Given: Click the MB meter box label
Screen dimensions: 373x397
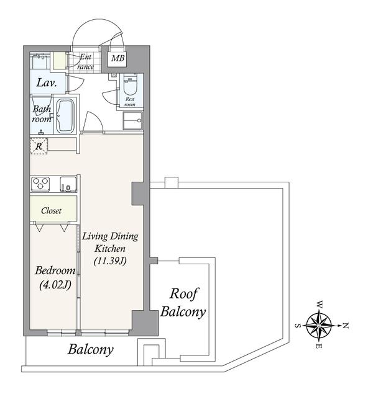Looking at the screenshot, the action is [x=117, y=58].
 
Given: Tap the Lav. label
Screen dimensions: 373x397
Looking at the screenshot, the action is [x=47, y=83].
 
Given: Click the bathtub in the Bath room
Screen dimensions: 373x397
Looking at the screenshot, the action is [x=65, y=116].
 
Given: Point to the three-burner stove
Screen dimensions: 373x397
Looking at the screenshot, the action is [x=40, y=184].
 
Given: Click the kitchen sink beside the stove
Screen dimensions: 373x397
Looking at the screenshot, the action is [x=68, y=184].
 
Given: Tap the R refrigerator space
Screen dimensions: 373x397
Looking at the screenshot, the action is [x=39, y=146].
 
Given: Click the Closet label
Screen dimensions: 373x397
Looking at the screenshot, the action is [x=51, y=211].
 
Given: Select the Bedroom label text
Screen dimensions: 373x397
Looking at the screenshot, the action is [x=55, y=270].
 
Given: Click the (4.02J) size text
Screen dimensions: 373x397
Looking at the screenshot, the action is [x=55, y=285].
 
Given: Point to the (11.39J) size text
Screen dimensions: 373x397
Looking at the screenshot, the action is [x=110, y=261].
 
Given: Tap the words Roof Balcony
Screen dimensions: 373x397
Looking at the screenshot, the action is [x=183, y=303].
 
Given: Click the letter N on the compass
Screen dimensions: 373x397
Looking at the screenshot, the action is [x=346, y=326].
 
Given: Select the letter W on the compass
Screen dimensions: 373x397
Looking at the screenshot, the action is [x=320, y=305].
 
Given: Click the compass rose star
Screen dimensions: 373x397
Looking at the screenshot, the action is [x=319, y=325].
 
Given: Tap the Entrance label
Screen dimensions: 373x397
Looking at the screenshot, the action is [x=85, y=62].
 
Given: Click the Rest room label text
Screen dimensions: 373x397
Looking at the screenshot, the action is [x=130, y=102].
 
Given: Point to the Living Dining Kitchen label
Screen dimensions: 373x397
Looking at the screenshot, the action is [x=110, y=243].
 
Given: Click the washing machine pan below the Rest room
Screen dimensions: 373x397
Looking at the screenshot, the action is [x=132, y=121].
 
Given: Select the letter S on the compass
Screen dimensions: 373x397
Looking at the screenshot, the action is [x=298, y=325].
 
